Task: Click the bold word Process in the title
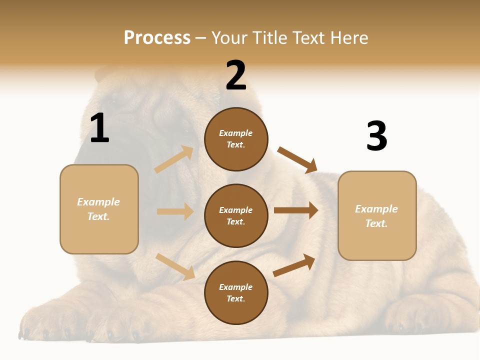[157, 38]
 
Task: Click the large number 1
[99, 128]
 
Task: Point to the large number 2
[236, 75]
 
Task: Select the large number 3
[376, 136]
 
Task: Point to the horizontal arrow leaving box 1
[175, 211]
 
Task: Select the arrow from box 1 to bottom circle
[175, 266]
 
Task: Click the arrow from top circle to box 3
[297, 159]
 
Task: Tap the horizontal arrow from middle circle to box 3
[295, 210]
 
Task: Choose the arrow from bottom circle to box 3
[294, 265]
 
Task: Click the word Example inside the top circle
[236, 133]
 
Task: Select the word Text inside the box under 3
[376, 223]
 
